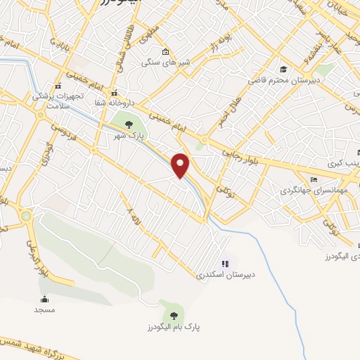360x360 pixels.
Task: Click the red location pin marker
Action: (181, 165)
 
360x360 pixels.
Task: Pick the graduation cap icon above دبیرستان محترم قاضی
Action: (282, 70)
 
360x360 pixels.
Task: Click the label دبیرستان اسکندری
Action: (225, 274)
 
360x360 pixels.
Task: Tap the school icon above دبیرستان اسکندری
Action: (225, 264)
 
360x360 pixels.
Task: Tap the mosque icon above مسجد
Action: (45, 299)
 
